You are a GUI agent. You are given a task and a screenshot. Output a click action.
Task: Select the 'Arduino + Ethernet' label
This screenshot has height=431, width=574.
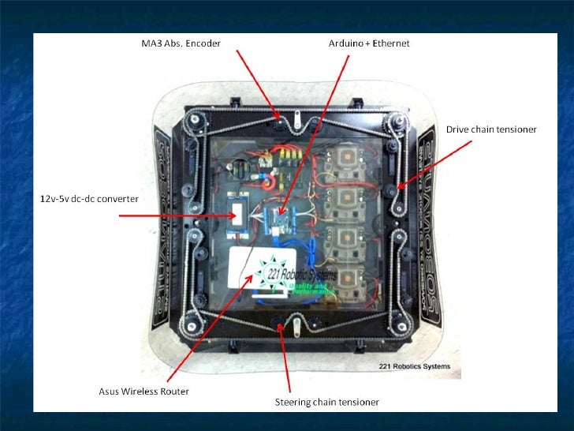point(369,42)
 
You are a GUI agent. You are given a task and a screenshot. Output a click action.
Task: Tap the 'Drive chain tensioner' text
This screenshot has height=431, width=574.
point(491,129)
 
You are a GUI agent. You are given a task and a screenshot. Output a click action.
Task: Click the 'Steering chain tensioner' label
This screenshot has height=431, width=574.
point(326,402)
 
